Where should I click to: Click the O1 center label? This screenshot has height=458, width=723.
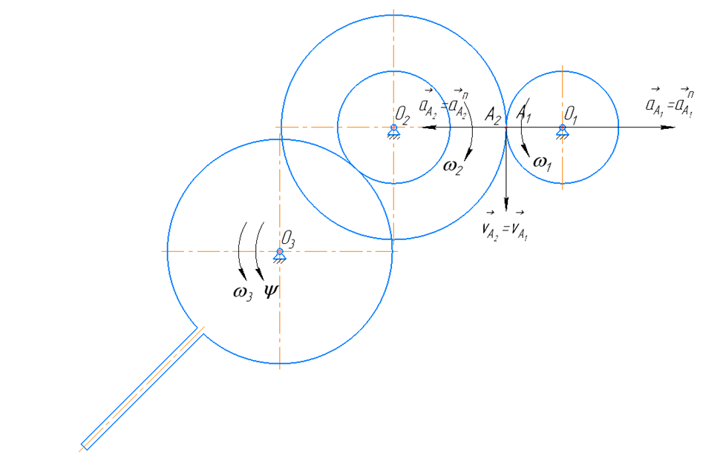(x=571, y=114)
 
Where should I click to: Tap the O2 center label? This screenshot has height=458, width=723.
(x=403, y=115)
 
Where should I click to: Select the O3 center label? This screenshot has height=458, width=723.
(x=289, y=239)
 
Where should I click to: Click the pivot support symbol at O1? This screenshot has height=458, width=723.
(x=563, y=131)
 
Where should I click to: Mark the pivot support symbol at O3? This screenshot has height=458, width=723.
(x=280, y=255)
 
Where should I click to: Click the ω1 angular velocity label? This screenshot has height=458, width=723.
(x=542, y=163)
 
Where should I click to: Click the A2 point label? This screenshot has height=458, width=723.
(x=492, y=114)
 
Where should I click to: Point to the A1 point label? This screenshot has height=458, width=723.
(x=525, y=113)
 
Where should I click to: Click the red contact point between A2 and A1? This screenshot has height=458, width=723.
(x=506, y=127)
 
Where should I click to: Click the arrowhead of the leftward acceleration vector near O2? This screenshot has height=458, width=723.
(x=424, y=127)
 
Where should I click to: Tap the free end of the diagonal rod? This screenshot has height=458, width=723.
(x=85, y=446)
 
